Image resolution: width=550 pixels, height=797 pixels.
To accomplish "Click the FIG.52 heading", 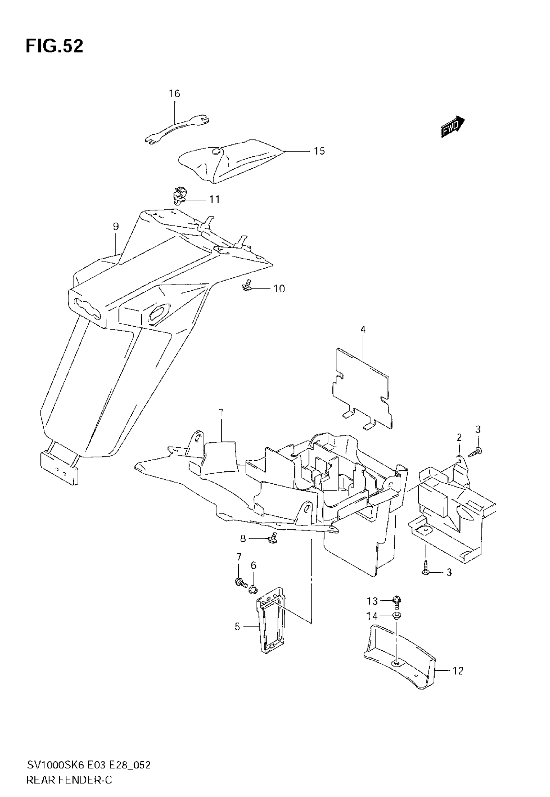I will click(x=54, y=47).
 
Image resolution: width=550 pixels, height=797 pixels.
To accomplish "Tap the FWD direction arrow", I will click(x=453, y=127).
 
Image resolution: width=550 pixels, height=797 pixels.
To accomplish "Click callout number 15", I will click(x=319, y=151).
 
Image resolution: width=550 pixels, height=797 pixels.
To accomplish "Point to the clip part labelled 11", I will click(x=180, y=196).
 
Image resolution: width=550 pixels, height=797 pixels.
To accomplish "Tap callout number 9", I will click(x=116, y=227).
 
